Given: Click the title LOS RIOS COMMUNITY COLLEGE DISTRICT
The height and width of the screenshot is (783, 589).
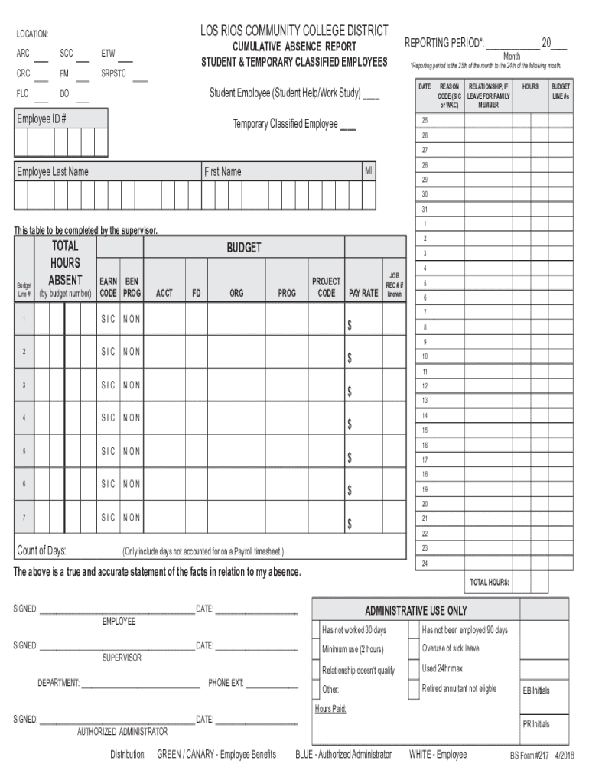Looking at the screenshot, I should click(x=294, y=31).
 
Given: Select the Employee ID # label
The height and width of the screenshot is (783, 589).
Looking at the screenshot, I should click(x=42, y=119).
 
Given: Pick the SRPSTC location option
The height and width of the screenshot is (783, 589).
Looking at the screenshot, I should click(x=114, y=74).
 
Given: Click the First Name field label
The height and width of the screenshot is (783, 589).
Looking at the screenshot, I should click(x=223, y=171).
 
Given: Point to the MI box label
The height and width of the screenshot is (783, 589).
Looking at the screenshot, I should click(x=369, y=171).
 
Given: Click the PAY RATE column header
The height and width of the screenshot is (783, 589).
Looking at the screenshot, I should click(x=363, y=293).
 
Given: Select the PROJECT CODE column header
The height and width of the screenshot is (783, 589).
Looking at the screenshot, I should click(x=326, y=288).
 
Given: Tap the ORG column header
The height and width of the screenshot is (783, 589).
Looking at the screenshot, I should click(x=236, y=293).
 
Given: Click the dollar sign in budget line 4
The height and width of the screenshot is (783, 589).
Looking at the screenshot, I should click(x=350, y=424).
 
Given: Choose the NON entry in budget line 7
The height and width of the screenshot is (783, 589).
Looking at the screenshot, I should click(x=132, y=518).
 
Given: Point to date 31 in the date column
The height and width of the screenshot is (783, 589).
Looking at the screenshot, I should click(x=425, y=210).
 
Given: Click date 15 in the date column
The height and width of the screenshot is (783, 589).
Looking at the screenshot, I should click(x=425, y=430).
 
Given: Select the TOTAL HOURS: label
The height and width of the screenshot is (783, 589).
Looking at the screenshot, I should click(x=490, y=582).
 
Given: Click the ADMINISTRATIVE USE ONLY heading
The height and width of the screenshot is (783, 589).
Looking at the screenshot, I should click(x=415, y=611).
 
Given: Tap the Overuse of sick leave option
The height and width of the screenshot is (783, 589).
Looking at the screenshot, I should click(x=451, y=648).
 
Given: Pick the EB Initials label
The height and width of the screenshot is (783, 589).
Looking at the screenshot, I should click(x=535, y=690).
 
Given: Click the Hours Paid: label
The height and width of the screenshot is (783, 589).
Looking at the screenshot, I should click(x=330, y=709).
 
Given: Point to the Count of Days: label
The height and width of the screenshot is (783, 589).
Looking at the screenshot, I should click(x=41, y=551).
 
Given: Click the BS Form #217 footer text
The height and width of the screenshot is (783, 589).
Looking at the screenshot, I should click(x=530, y=755).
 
